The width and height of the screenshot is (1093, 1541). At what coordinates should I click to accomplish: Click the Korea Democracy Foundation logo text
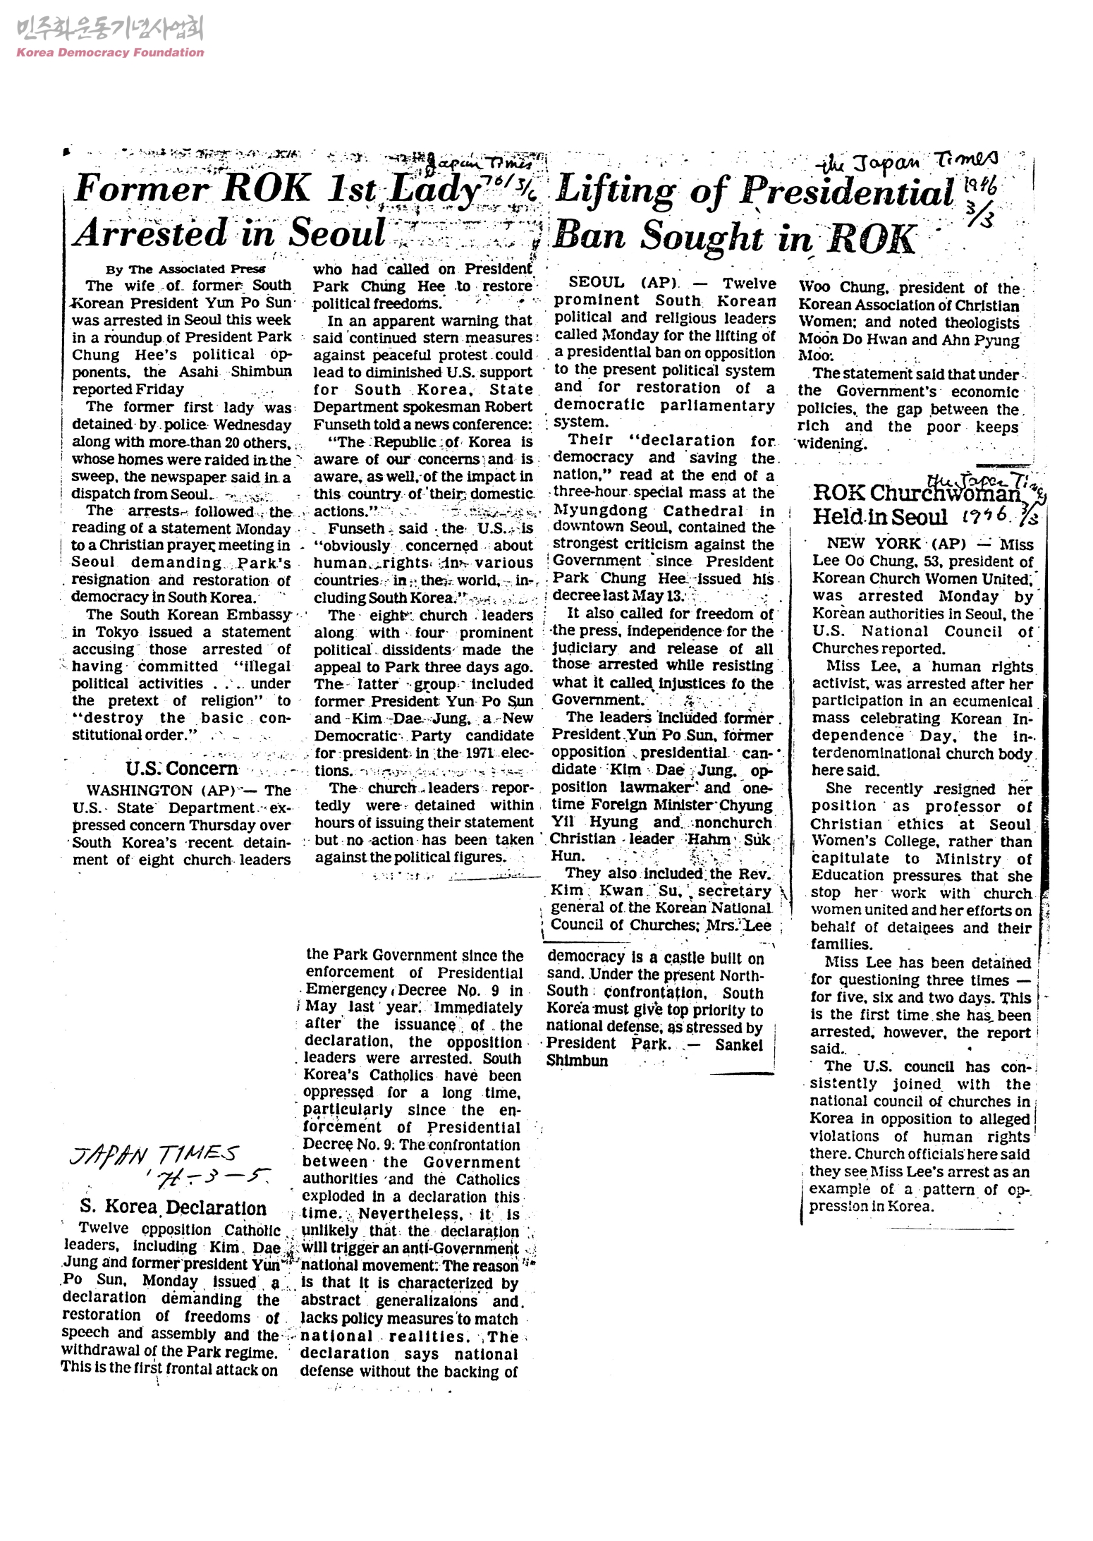(x=110, y=51)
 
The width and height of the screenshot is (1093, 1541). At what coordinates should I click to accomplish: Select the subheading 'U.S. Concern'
(x=182, y=768)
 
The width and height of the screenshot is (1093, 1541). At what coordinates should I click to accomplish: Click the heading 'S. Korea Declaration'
(x=173, y=1207)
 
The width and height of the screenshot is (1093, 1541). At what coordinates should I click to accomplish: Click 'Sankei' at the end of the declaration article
(x=739, y=1044)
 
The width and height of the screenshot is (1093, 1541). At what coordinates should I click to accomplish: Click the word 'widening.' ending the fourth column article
(x=832, y=444)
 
